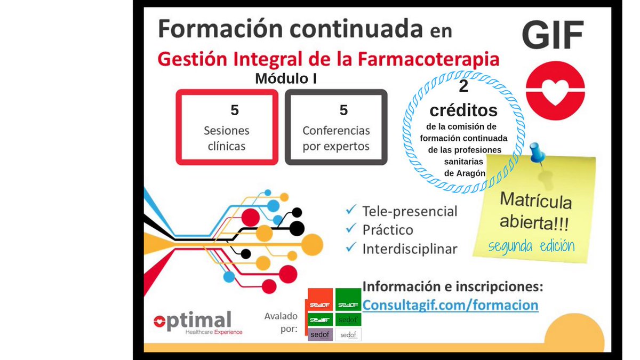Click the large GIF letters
point(553,35)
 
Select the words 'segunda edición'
point(531,246)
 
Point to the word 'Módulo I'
point(286,78)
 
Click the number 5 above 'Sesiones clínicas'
point(235,110)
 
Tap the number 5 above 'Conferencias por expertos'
point(343,110)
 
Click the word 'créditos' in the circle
point(463,110)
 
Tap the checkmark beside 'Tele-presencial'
point(351,210)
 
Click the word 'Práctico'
point(388,230)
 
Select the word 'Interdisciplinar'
point(410,249)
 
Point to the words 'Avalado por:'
point(281,323)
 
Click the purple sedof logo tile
point(321,334)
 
